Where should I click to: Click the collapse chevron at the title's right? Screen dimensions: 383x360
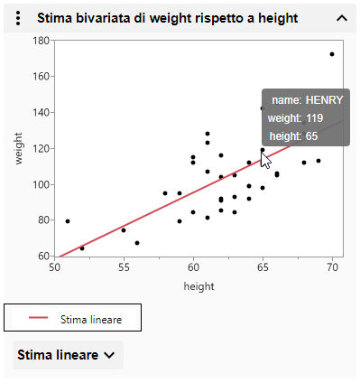coord(341,17)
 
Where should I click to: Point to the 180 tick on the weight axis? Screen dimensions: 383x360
coord(42,41)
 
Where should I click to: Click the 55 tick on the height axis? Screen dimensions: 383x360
coord(124,268)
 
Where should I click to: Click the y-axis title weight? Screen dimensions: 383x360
coord(18,148)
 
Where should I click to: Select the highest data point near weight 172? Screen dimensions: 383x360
coord(332,54)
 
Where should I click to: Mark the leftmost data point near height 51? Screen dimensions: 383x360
coord(68,221)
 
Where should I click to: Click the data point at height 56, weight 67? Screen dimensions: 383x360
coord(137,243)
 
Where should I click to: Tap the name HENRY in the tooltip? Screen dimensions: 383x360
coord(324,100)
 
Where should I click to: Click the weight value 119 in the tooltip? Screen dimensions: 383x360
coord(315,118)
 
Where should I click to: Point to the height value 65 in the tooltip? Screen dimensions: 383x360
coord(311,135)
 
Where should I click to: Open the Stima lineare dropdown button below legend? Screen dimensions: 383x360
coord(68,355)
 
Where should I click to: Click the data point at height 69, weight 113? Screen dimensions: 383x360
coord(318,161)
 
